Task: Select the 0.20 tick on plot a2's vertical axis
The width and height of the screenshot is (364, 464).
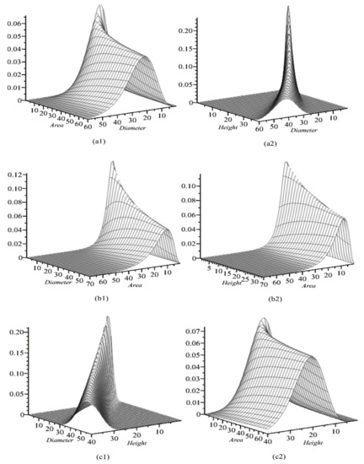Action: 199,28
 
